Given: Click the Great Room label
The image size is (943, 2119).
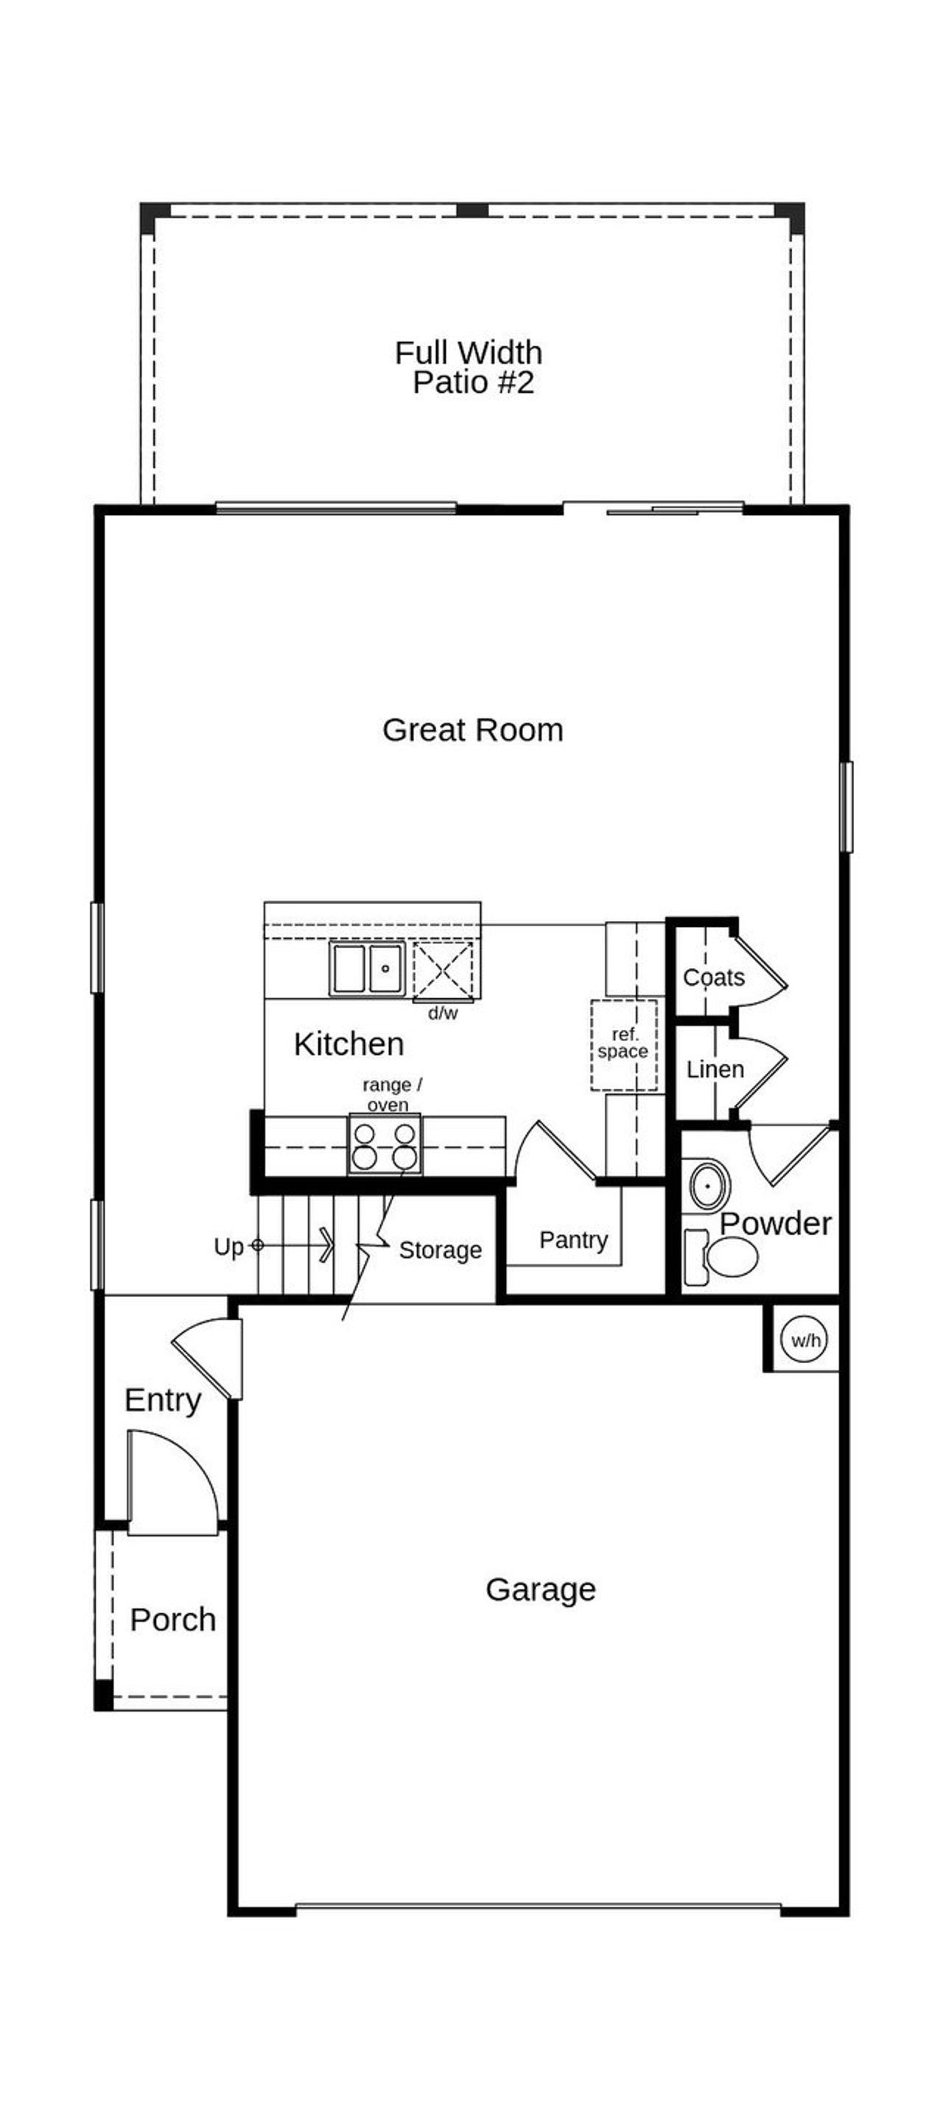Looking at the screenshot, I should point(472,730).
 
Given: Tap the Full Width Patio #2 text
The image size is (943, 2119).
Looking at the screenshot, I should point(469,367).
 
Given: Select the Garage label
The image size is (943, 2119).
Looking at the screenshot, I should point(541,1590).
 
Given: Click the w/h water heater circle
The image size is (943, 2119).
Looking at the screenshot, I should point(805,1340).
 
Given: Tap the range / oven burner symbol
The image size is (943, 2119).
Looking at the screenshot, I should point(385,1145).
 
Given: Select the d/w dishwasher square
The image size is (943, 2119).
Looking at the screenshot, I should point(443,970).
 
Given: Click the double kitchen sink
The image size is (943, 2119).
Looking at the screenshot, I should point(367,969).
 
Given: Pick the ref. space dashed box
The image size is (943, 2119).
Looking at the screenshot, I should point(624,1045).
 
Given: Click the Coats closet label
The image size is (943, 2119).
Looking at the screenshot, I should point(713,977).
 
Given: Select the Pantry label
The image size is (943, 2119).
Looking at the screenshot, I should point(573,1240).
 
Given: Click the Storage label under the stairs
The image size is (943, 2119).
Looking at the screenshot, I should point(441,1250).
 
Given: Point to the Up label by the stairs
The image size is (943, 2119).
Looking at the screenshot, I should point(229,1247).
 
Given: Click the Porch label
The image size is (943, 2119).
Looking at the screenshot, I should point(173,1619).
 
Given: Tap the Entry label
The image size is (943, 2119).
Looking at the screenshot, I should point(163,1399).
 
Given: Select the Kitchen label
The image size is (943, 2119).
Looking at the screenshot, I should point(349,1044).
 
